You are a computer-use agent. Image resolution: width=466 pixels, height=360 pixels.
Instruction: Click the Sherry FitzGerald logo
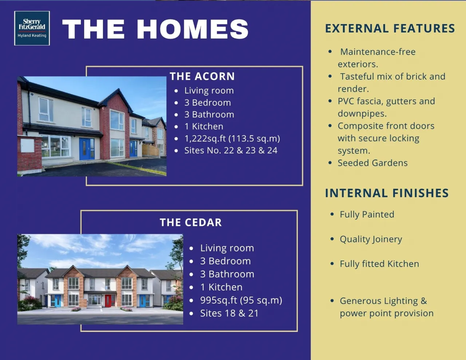click(32, 28)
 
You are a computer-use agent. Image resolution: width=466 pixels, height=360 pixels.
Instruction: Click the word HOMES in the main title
click(192, 29)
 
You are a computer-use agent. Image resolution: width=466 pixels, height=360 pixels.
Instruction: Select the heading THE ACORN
click(202, 76)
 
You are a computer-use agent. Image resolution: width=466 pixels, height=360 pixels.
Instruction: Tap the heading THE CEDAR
click(191, 222)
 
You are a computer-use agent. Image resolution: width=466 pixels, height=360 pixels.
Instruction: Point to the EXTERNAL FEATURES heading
click(390, 28)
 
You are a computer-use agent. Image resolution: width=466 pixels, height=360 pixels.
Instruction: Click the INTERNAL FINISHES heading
click(387, 193)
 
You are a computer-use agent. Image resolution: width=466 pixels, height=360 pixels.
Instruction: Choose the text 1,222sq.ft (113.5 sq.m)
click(232, 138)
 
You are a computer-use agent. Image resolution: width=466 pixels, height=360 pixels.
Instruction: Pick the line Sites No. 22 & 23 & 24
click(231, 150)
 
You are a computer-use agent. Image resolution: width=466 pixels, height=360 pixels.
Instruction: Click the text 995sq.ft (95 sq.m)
click(241, 300)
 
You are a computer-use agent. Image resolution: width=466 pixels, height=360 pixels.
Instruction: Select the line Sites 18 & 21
click(229, 313)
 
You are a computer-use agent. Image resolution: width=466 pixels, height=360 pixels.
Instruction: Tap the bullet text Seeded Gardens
click(373, 163)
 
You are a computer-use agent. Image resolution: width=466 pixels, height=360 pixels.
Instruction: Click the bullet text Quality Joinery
click(371, 239)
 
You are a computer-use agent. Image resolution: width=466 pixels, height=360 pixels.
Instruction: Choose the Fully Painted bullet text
click(367, 214)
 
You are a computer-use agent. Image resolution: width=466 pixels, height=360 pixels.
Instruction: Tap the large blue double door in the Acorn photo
click(87, 149)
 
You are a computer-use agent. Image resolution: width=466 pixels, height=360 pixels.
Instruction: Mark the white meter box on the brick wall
click(27, 145)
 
